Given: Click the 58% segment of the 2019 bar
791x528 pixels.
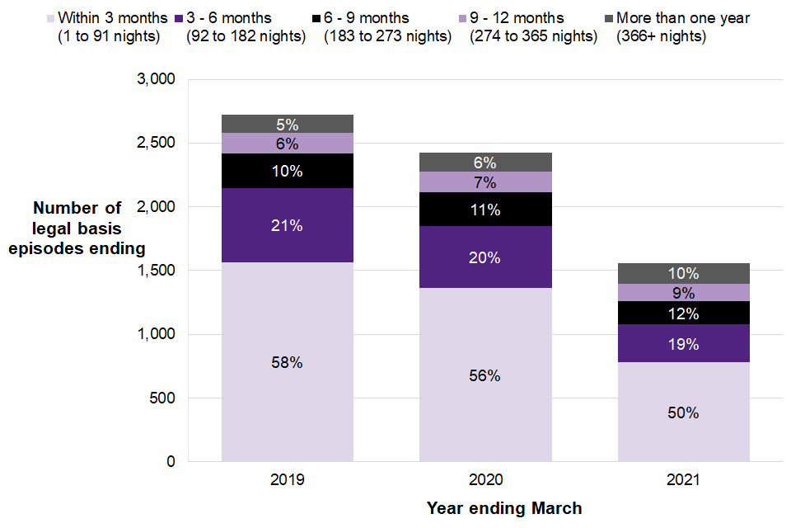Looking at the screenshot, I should pyautogui.click(x=288, y=361).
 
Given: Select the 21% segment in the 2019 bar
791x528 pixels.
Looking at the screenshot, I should pyautogui.click(x=288, y=225).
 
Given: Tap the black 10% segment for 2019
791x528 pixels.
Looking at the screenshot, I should pyautogui.click(x=288, y=171).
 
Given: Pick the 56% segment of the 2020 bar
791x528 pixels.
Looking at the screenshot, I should pyautogui.click(x=485, y=375).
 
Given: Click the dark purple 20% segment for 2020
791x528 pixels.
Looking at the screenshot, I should pyautogui.click(x=485, y=257).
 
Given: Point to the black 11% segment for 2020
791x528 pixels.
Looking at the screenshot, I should pyautogui.click(x=485, y=210).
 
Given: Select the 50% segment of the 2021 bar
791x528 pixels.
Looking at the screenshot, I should pyautogui.click(x=683, y=412).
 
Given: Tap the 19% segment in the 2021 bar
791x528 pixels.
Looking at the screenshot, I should pyautogui.click(x=683, y=343).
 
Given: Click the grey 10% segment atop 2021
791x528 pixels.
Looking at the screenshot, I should pyautogui.click(x=683, y=273).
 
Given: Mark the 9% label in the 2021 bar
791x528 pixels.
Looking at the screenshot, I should pyautogui.click(x=683, y=293).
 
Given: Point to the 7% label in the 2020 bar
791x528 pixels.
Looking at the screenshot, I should pyautogui.click(x=485, y=181).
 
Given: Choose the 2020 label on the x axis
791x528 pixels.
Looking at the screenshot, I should pyautogui.click(x=485, y=479).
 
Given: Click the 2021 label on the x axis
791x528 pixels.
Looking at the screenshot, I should pyautogui.click(x=683, y=479).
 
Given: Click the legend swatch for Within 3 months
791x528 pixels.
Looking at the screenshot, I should pyautogui.click(x=50, y=18).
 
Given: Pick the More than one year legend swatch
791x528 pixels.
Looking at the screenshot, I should pyautogui.click(x=609, y=18).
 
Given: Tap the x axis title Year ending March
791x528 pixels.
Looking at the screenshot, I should pyautogui.click(x=504, y=508).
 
